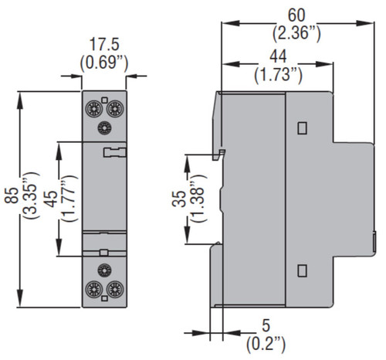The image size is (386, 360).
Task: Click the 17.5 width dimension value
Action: [104, 44]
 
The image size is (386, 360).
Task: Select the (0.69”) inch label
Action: [104, 63]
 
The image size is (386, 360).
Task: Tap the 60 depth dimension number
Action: [296, 15]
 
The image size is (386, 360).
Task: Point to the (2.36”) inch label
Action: [296, 33]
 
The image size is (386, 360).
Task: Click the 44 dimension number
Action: [278, 57]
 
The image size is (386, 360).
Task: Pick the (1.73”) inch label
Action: [278, 75]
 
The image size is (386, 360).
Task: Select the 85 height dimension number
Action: [12, 195]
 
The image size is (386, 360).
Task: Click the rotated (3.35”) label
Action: [32, 195]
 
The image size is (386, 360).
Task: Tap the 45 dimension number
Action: [51, 199]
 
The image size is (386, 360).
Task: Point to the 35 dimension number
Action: [179, 199]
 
